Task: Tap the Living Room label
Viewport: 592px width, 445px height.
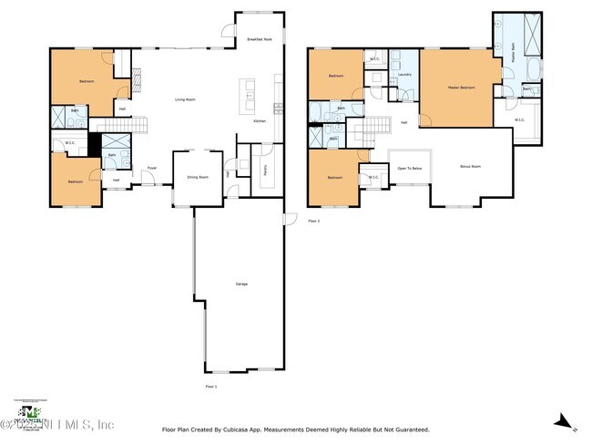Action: point(188,99)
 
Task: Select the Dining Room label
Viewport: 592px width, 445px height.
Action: point(198,178)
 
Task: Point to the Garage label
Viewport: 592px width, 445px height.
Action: point(241,285)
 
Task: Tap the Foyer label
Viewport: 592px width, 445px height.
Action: point(152,169)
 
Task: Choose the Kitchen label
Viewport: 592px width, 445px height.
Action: point(259,121)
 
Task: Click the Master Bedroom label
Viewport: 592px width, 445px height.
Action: point(461,88)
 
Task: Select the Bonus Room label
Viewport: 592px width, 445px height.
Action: point(470,167)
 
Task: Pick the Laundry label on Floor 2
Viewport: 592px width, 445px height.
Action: point(404,75)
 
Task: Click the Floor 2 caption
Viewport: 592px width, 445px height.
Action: point(314,221)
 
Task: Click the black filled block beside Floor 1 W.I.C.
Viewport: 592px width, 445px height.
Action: point(93,144)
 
